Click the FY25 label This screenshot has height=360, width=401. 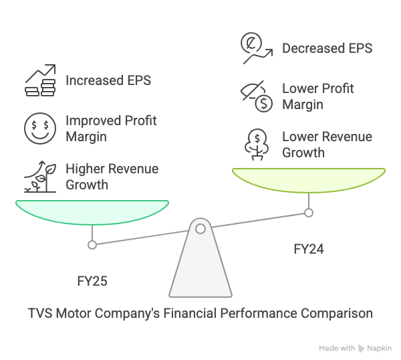[x=92, y=281]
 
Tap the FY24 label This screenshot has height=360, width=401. [x=309, y=249]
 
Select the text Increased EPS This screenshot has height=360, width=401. [x=108, y=80]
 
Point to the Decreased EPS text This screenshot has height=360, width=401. [x=327, y=48]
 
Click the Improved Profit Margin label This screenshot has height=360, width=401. [x=111, y=128]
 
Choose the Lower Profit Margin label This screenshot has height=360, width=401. [x=318, y=96]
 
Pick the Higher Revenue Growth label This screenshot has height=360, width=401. [x=112, y=177]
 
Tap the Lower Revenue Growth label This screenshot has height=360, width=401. [x=327, y=145]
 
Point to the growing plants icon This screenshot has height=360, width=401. [x=40, y=177]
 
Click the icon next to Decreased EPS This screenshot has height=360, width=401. [x=257, y=48]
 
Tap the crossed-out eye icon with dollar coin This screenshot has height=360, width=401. [x=257, y=96]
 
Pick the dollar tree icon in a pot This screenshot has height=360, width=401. [x=257, y=145]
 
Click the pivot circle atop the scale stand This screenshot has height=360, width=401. [x=200, y=229]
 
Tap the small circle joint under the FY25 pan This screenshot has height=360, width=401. [x=92, y=245]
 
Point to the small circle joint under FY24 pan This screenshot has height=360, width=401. [x=309, y=213]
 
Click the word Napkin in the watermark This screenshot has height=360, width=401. [x=379, y=348]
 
